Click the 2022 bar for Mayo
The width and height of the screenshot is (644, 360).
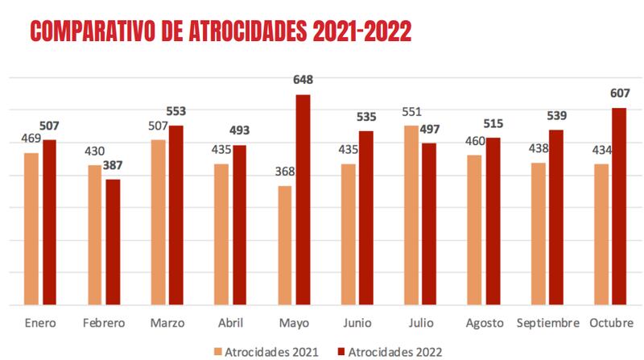coord(303,201)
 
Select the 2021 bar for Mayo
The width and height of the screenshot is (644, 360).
coord(285,246)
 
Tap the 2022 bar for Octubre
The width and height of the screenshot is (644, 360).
coord(619,207)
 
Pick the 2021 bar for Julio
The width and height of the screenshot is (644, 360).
coord(411,216)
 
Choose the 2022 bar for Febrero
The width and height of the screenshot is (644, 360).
coord(113,242)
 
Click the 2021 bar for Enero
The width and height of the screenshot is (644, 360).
coord(32,230)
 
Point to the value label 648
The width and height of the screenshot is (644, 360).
coord(303,80)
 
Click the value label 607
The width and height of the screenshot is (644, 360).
coord(620,93)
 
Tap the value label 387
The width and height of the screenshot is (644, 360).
coord(114,165)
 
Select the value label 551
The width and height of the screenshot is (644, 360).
coord(411,112)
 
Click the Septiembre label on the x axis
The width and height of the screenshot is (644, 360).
coord(547,323)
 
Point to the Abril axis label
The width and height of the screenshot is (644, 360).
coord(230,323)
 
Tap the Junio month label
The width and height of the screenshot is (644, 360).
coord(357,323)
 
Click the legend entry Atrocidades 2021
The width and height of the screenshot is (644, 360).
coord(265,351)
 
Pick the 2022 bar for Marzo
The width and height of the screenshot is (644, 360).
coord(176,216)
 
